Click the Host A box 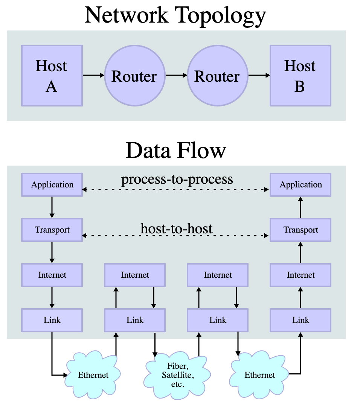tap(52, 76)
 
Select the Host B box tap(301, 76)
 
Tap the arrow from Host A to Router tap(93, 75)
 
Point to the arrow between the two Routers tap(176, 75)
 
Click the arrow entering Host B tap(259, 75)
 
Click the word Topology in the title tap(220, 16)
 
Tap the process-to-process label tap(177, 180)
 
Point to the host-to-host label tap(176, 228)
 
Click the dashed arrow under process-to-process tap(175, 189)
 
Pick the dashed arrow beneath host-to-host tap(175, 235)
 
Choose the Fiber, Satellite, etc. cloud tap(177, 375)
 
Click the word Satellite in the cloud tap(178, 375)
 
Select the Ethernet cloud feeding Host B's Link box tap(259, 374)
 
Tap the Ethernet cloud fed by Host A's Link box tap(93, 374)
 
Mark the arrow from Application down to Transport tap(52, 207)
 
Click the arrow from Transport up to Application tap(301, 207)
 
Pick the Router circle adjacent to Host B tap(218, 76)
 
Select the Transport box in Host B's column tap(301, 230)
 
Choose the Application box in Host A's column tap(52, 185)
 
